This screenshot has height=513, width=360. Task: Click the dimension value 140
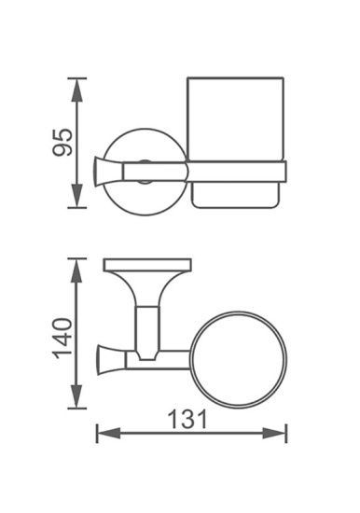pos(62,339)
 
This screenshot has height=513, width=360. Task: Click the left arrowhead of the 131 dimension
pos(104,434)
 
